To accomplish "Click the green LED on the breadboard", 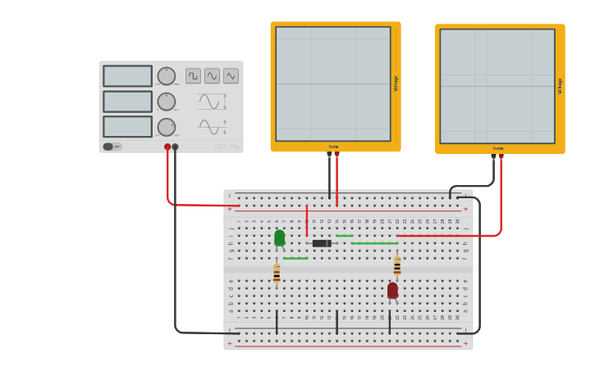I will [x=279, y=238].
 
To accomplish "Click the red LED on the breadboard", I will [x=392, y=290].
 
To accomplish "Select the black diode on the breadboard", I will [x=322, y=243].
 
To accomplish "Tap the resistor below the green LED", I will [x=277, y=274].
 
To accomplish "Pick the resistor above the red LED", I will [x=397, y=266].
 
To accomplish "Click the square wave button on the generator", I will [x=193, y=76].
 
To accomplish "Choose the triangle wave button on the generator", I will [x=231, y=76].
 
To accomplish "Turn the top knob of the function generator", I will [x=167, y=76].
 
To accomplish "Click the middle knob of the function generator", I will [x=167, y=102].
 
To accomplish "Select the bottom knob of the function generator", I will [x=167, y=127].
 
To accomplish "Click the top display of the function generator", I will [x=127, y=76].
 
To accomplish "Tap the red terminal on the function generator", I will [x=167, y=147].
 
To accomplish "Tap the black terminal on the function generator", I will [x=175, y=147].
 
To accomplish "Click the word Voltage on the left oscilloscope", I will [x=396, y=84].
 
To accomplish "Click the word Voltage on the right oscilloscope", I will [x=561, y=86].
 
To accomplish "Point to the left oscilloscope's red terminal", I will [x=336, y=154].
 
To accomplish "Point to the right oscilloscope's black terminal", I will [x=493, y=156].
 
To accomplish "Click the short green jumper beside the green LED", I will [x=295, y=259].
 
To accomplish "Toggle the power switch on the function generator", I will [x=112, y=147].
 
